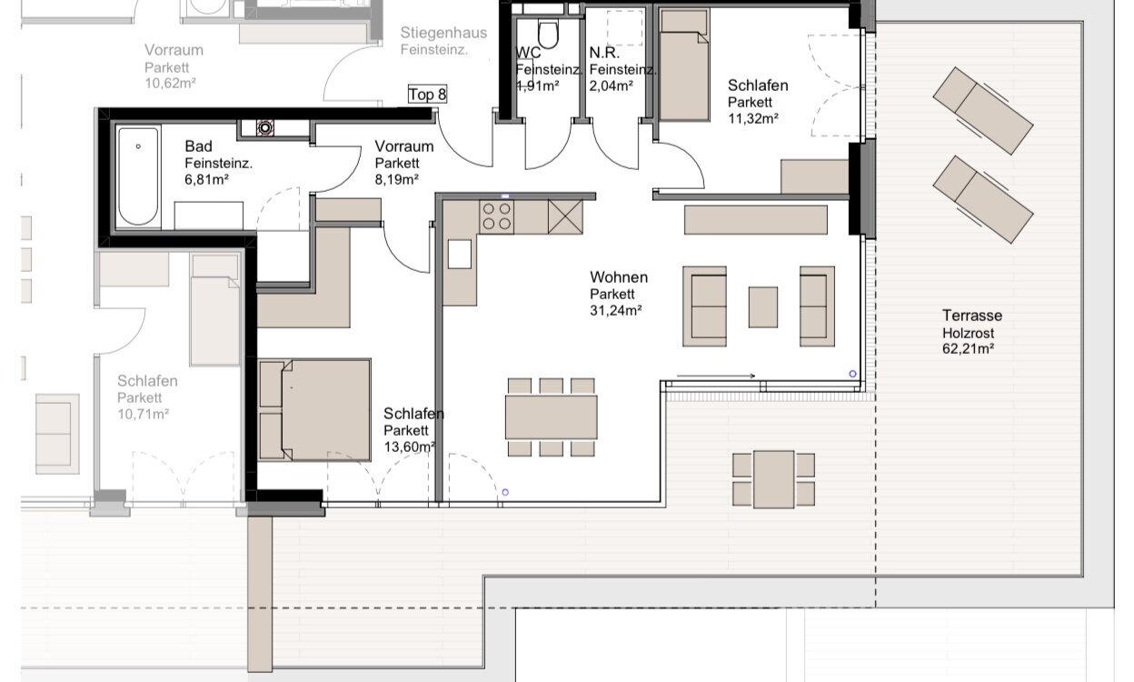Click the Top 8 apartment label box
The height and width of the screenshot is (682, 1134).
point(427,95)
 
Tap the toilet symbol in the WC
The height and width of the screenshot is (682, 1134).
point(548,33)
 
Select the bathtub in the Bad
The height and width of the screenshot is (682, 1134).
point(138,176)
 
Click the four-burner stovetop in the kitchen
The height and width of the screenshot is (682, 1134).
point(497,216)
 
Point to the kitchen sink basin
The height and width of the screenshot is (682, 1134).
point(459,255)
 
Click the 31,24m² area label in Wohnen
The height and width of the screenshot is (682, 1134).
point(615,310)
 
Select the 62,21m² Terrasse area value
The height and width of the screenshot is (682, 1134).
point(968,348)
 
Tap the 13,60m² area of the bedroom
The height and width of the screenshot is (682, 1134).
point(410,446)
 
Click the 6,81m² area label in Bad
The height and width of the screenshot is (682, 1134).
point(206,179)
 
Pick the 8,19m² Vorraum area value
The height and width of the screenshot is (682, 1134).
point(396,179)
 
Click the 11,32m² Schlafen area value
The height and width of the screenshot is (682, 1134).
point(753,118)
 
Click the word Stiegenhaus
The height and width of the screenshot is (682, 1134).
point(443,33)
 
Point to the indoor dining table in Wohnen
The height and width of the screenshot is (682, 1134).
point(552,417)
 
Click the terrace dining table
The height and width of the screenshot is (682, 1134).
point(773,479)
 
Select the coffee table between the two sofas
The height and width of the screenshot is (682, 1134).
point(763,307)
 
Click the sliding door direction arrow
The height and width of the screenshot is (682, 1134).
point(716,376)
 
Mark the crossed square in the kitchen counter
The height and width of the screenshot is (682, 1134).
point(565,216)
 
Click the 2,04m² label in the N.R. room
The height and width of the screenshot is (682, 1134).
point(611,86)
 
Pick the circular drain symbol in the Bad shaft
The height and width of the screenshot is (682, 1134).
point(264,127)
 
